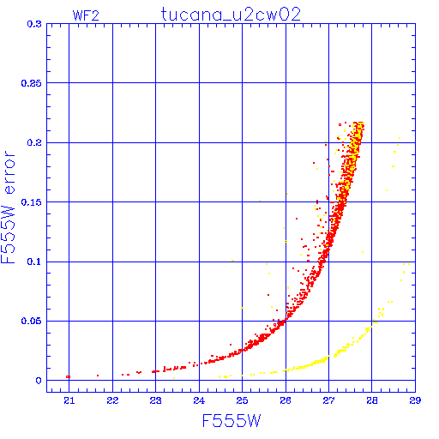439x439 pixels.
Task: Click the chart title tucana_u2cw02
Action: coord(231,15)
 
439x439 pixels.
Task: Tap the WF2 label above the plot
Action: coord(86,15)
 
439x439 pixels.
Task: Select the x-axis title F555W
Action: coord(232,421)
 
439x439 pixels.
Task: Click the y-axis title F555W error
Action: coord(8,207)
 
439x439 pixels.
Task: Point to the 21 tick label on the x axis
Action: coord(69,400)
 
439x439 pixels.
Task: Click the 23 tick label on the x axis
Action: coord(156,400)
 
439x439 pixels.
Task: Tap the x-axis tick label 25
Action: coord(242,400)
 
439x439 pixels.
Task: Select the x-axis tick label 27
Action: coord(328,400)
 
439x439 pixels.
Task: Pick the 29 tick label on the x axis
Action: coord(415,400)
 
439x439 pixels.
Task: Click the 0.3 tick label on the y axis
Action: coord(34,24)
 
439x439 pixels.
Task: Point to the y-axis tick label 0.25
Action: coord(32,83)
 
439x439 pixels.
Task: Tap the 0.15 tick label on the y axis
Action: coord(32,202)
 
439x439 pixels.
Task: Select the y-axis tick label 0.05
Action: coord(32,321)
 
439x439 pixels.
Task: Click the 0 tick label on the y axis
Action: coord(39,381)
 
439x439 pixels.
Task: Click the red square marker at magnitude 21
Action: coord(68,376)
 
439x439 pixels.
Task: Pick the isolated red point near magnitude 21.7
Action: coord(98,376)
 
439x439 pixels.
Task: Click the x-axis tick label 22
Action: coord(112,400)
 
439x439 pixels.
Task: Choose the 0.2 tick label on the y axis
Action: coord(34,142)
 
